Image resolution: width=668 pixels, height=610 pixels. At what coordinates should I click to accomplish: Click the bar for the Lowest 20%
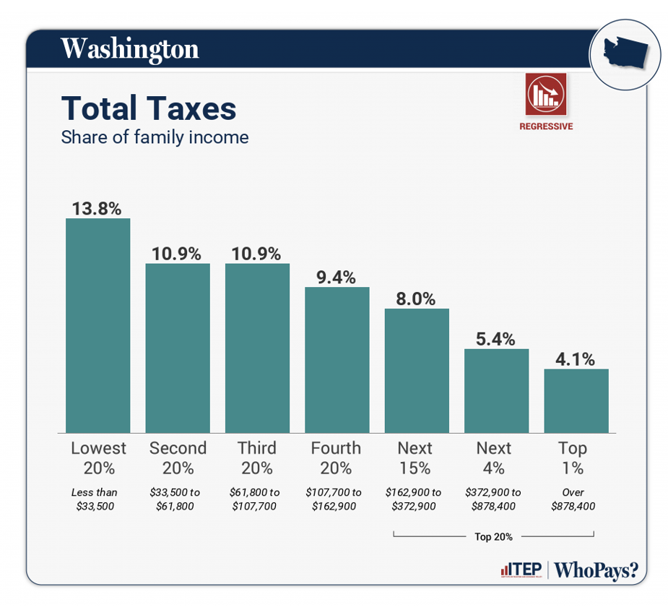pos(97,325)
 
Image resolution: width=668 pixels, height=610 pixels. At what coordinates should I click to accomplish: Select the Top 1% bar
pos(576,401)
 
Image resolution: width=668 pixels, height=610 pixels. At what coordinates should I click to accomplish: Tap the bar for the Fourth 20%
pos(337,360)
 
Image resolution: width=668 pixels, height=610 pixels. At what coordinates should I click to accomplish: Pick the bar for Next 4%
pos(496,391)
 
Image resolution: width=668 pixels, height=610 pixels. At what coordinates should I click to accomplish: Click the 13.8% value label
pos(97,208)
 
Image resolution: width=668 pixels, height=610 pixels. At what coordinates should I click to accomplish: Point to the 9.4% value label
pos(337,277)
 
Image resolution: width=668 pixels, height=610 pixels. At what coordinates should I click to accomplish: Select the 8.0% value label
pos(416,298)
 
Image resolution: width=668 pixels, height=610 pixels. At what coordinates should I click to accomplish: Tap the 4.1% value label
pos(576,358)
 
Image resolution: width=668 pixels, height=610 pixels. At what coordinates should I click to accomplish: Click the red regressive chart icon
pos(546,94)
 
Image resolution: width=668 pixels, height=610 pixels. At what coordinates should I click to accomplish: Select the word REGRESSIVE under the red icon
pos(546,126)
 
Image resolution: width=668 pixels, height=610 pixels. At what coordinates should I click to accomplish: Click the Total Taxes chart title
pos(149,108)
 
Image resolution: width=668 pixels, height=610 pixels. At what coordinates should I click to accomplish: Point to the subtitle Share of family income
pos(155,137)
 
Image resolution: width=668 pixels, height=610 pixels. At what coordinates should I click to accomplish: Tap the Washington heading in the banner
pos(129,49)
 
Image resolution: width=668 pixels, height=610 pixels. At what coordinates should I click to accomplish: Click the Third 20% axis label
pos(257,457)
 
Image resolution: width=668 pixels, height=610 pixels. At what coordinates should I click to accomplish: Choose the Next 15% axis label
pos(415,457)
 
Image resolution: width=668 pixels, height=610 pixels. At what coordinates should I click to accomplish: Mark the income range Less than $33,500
pos(95,499)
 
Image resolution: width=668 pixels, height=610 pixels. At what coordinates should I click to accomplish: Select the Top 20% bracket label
pos(493,536)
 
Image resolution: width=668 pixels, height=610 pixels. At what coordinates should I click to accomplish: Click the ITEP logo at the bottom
pos(521,570)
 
